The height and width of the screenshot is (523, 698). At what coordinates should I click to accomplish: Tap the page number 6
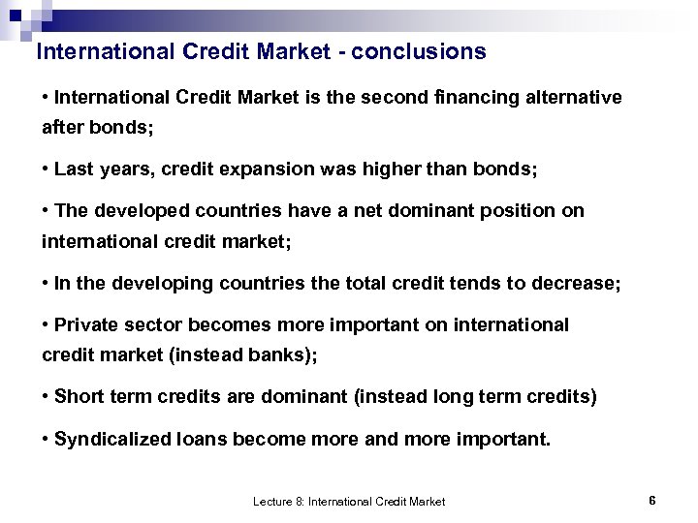pyautogui.click(x=652, y=501)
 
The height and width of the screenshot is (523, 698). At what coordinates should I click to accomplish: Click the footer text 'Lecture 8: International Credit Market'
pyautogui.click(x=349, y=502)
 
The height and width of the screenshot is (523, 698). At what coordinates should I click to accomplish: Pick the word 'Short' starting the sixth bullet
pyautogui.click(x=78, y=397)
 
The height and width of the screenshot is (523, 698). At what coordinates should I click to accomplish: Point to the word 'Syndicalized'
pyautogui.click(x=112, y=440)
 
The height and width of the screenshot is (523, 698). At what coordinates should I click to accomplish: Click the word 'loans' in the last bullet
pyautogui.click(x=201, y=440)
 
